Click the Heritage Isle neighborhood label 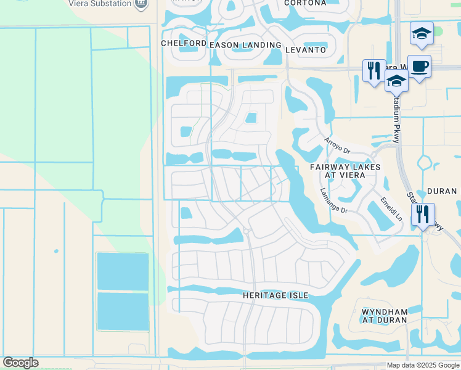click(x=275, y=295)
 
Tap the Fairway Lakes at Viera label click(x=345, y=171)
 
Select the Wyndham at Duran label click(x=385, y=316)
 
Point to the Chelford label click(x=184, y=43)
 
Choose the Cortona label click(x=305, y=3)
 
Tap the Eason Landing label click(x=245, y=45)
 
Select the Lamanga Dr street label click(x=335, y=200)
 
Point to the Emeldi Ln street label click(x=391, y=209)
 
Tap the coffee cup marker click(x=419, y=66)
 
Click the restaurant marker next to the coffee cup click(x=373, y=71)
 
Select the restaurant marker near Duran click(x=423, y=215)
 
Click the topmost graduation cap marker click(x=422, y=33)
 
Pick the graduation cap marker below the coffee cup click(x=396, y=81)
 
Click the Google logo click(x=20, y=363)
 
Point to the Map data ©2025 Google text click(x=423, y=365)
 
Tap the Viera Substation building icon click(x=142, y=4)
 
